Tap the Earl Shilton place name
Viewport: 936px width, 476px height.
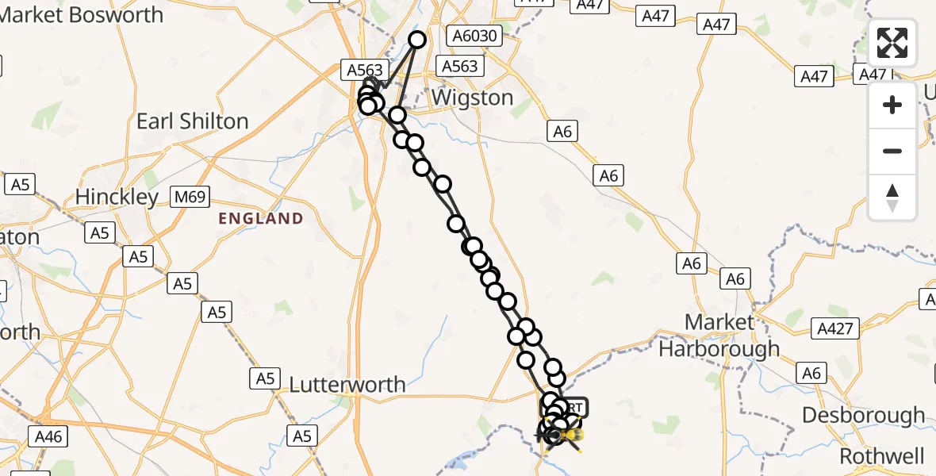193,121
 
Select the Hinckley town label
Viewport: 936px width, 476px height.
117,196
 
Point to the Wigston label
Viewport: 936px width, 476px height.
473,98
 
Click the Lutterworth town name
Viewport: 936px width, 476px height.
347,385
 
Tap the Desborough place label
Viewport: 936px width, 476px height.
863,415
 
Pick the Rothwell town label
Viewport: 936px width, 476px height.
881,456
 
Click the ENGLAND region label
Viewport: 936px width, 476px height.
262,219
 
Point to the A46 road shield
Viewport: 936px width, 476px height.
49,436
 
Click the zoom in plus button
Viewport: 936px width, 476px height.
892,106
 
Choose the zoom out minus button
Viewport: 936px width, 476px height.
892,151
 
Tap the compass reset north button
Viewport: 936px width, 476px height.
892,197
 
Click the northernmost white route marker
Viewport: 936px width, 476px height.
417,40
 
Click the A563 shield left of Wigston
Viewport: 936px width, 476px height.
365,70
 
